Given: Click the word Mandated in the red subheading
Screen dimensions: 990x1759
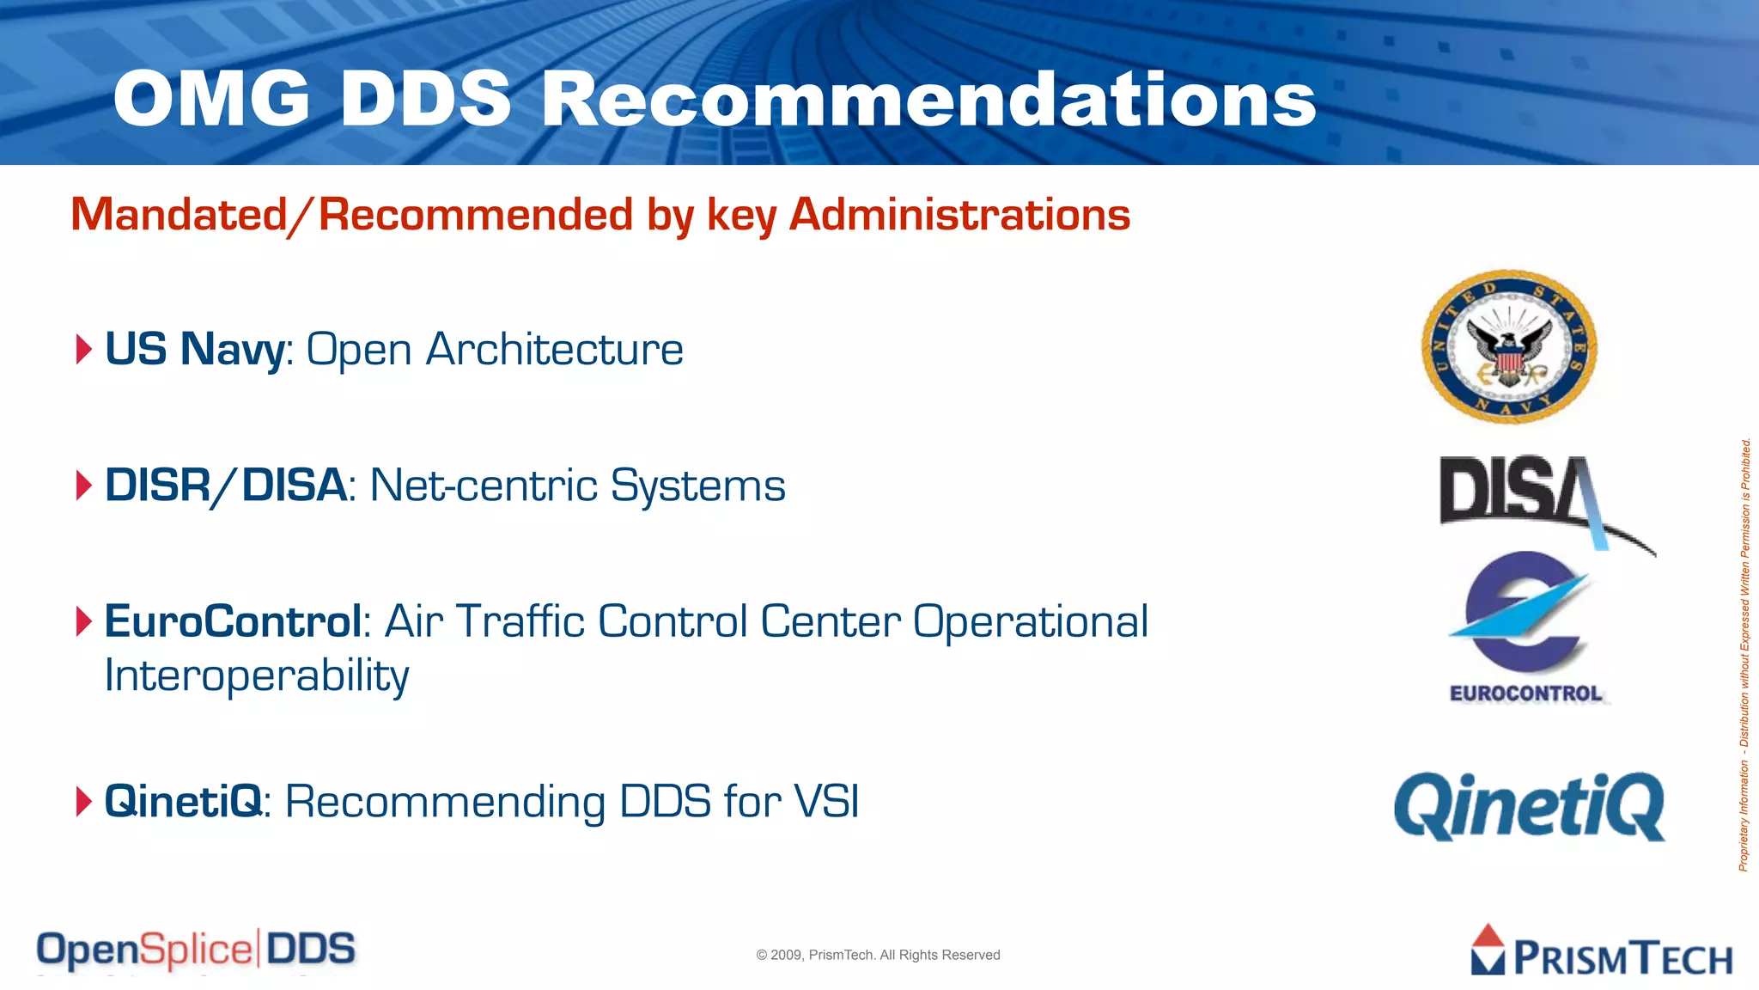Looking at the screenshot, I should pos(179,215).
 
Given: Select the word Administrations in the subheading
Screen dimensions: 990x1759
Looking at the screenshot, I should pos(959,215).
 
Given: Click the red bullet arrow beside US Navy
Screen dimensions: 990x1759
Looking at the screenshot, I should pos(83,350).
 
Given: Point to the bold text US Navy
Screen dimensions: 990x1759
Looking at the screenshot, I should pos(194,350).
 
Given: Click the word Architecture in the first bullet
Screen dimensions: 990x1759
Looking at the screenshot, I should pos(555,350).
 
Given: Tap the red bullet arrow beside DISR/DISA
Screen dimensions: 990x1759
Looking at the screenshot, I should pos(83,486).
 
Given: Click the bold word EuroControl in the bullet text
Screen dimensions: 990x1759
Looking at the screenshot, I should pos(233,621).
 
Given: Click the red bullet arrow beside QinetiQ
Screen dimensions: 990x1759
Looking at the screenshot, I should pos(83,802).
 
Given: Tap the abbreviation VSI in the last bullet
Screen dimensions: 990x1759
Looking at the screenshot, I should pos(826,802).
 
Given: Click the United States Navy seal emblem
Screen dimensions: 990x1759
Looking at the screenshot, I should pos(1509,347).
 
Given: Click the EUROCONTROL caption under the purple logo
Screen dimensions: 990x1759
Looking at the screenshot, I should pos(1525,694).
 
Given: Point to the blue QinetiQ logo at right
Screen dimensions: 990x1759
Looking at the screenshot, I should pos(1529,806).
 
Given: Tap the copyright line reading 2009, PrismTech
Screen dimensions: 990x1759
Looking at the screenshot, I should pos(878,955).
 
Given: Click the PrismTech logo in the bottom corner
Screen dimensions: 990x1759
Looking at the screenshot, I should pos(1601,952).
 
